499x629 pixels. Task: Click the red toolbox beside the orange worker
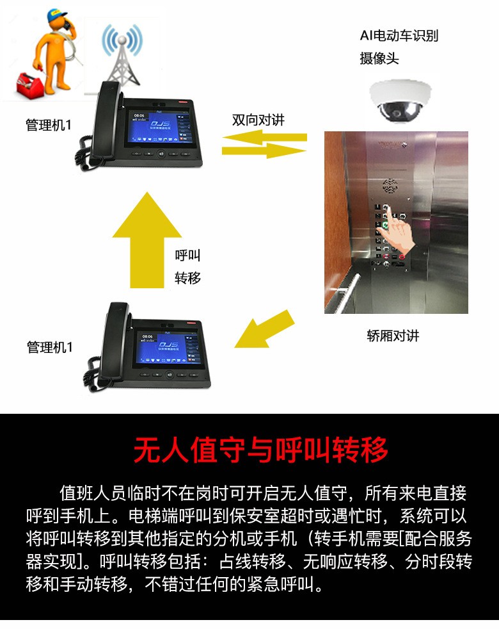(29, 85)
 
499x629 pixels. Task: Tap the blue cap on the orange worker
(56, 15)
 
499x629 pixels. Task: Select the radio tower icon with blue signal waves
(122, 54)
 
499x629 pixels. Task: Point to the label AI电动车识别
(399, 36)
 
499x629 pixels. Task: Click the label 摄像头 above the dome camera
(379, 58)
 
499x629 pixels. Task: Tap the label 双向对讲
(258, 120)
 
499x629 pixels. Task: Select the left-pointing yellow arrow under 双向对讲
(264, 138)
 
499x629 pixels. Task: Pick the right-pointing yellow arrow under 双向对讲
(264, 151)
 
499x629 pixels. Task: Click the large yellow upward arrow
(147, 240)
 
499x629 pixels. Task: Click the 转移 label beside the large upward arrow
(187, 277)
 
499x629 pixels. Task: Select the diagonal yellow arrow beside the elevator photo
(265, 329)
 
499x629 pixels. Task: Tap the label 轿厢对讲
(393, 336)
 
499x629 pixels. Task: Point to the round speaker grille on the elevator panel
(390, 186)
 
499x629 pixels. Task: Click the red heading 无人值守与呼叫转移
(261, 450)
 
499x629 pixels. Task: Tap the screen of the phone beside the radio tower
(154, 127)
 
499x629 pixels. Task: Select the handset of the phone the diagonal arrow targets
(115, 341)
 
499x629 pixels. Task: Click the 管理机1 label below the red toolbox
(49, 125)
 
